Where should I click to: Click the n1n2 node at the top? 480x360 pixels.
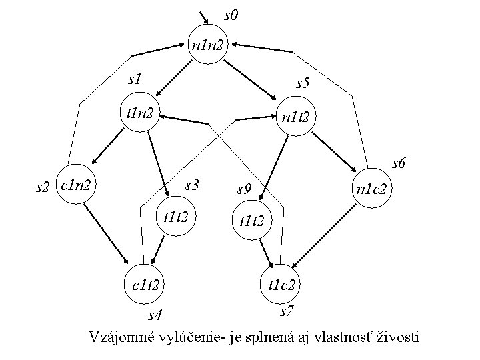pyautogui.click(x=209, y=45)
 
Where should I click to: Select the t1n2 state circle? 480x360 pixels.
pyautogui.click(x=139, y=113)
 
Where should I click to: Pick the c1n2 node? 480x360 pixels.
pyautogui.click(x=75, y=181)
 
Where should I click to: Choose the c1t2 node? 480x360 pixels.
pyautogui.click(x=145, y=285)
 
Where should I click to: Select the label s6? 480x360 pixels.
pyautogui.click(x=400, y=163)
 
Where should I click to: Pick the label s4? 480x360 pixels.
pyautogui.click(x=156, y=313)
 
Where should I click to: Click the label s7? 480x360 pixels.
pyautogui.click(x=287, y=311)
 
